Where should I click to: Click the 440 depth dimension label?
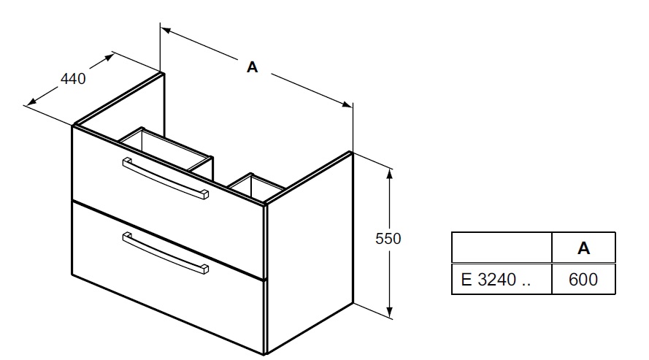click(x=73, y=79)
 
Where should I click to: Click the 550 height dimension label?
click(x=388, y=239)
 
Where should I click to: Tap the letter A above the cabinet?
click(x=252, y=67)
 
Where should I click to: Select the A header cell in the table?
click(x=583, y=248)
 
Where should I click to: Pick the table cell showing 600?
click(x=583, y=279)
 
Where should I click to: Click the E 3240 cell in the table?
click(x=502, y=279)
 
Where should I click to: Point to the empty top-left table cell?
click(x=502, y=248)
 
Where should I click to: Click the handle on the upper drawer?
click(x=166, y=178)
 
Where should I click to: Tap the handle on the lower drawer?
click(x=166, y=253)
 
